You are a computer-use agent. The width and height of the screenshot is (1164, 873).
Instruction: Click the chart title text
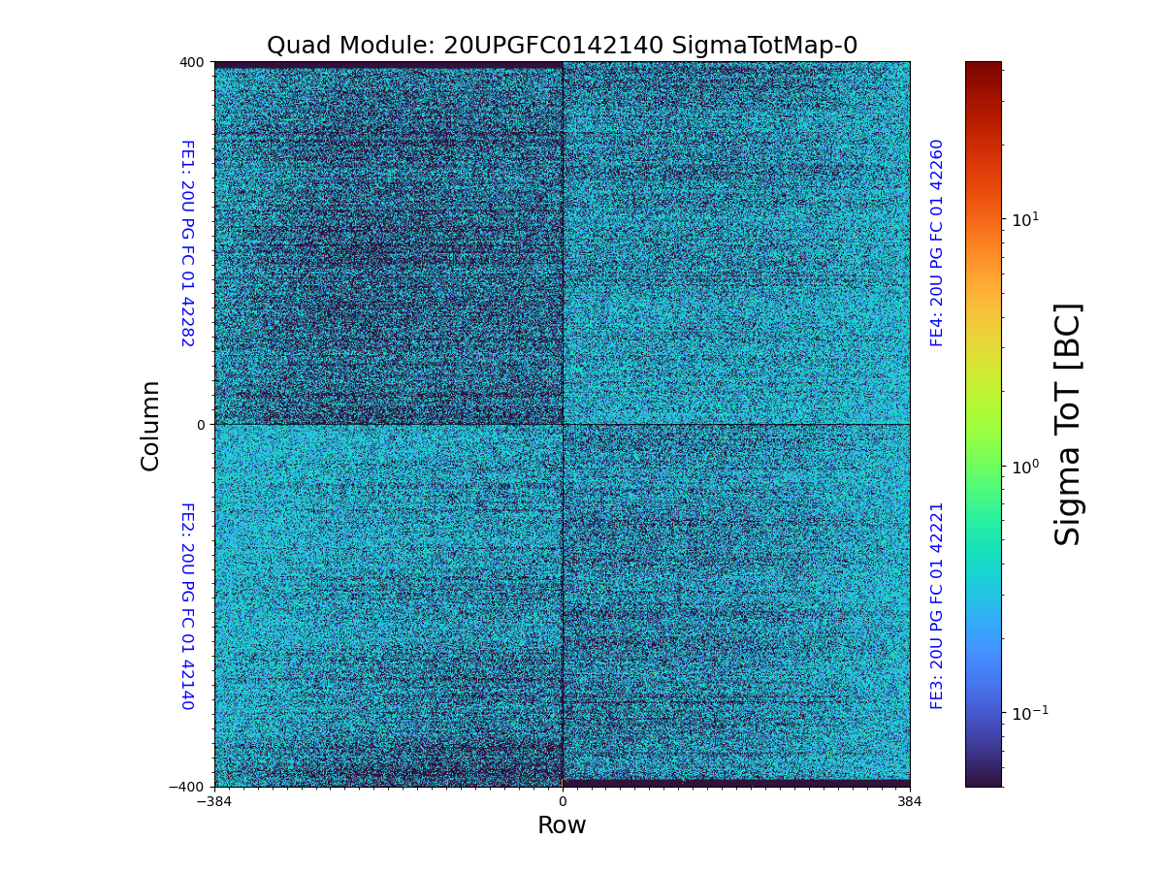click(x=562, y=46)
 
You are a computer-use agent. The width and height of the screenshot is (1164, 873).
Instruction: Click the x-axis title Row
click(x=562, y=825)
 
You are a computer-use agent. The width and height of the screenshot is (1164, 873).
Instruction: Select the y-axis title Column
click(x=150, y=425)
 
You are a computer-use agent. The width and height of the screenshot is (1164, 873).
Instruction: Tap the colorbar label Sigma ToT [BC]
click(x=1068, y=424)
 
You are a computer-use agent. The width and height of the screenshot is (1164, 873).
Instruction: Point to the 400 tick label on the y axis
click(x=191, y=62)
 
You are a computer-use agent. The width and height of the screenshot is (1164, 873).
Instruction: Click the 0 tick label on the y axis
click(x=201, y=425)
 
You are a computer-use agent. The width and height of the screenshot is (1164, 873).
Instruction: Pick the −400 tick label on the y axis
click(x=187, y=787)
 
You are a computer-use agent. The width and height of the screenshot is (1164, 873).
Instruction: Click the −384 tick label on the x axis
click(x=214, y=802)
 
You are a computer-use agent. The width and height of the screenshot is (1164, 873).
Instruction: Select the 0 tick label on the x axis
click(x=562, y=802)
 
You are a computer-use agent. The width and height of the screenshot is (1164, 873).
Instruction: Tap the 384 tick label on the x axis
click(x=910, y=802)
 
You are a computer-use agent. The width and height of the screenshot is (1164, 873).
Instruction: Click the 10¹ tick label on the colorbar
click(x=1025, y=220)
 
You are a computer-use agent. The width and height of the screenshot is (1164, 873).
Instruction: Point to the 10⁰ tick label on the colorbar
click(x=1025, y=467)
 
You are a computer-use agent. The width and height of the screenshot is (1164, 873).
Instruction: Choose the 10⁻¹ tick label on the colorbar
click(x=1029, y=713)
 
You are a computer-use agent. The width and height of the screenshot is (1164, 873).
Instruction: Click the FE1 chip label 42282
click(x=186, y=243)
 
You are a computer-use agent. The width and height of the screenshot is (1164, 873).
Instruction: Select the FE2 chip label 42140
click(x=186, y=605)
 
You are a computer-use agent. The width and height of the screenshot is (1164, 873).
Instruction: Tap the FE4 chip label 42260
click(x=937, y=242)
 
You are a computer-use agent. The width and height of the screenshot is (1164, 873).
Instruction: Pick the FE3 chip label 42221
click(x=937, y=605)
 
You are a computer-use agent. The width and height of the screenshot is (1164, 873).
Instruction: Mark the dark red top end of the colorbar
click(x=983, y=66)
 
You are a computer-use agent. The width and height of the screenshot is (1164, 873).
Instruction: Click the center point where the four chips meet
click(x=563, y=424)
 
